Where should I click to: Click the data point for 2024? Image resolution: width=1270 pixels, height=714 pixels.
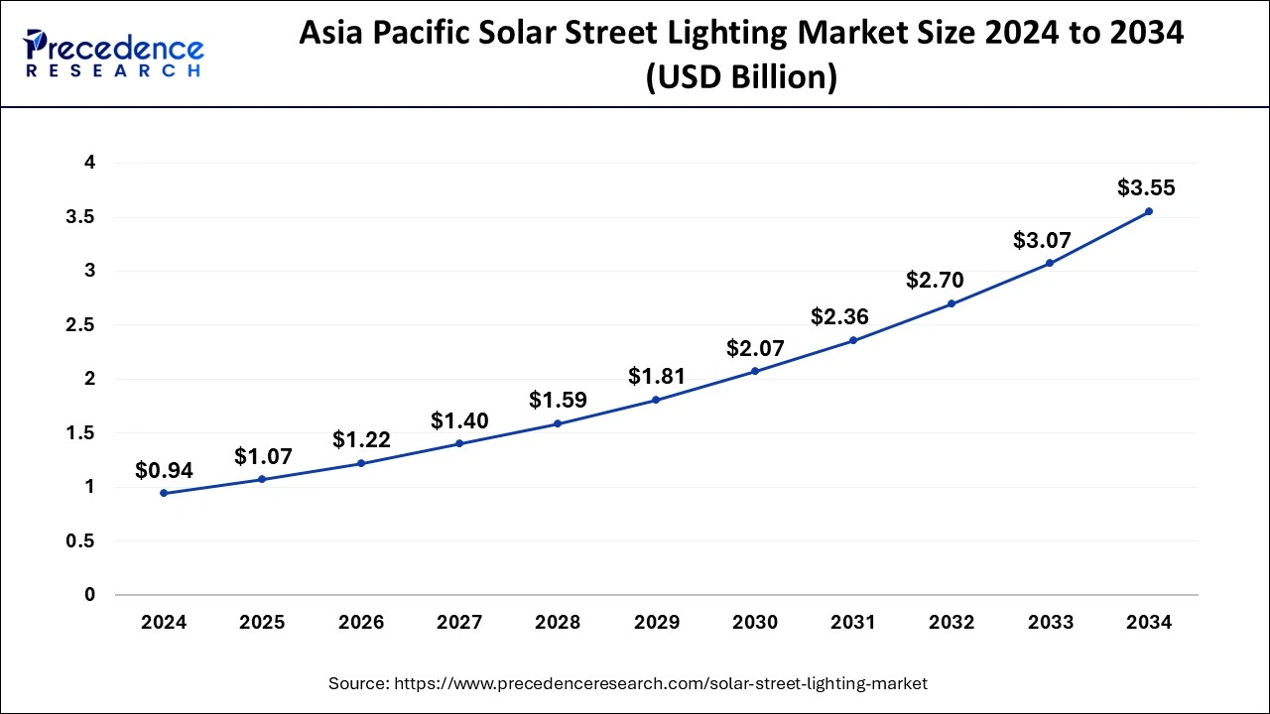pos(164,493)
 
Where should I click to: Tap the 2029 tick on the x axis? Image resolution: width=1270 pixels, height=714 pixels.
pos(656,623)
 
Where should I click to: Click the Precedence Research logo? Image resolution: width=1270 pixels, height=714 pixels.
pos(114,54)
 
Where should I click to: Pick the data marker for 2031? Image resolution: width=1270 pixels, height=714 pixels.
pos(852,340)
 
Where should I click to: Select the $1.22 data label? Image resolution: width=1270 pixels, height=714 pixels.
pos(361,439)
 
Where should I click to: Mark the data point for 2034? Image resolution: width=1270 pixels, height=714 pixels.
pos(1149,211)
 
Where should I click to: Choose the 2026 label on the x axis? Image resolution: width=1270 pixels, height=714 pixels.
pos(360,623)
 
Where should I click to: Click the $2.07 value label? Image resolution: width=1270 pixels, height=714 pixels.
pos(755,348)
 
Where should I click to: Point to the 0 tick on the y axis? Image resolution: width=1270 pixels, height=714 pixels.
pos(89,595)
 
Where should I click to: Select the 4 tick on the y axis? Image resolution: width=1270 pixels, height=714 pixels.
pos(89,163)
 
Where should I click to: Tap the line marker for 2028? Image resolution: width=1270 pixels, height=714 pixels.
pos(558,423)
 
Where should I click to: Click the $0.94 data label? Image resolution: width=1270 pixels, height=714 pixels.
pos(164,469)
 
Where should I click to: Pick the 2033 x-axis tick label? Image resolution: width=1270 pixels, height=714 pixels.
pos(1050,623)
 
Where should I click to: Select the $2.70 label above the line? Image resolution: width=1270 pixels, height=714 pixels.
pos(935,281)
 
